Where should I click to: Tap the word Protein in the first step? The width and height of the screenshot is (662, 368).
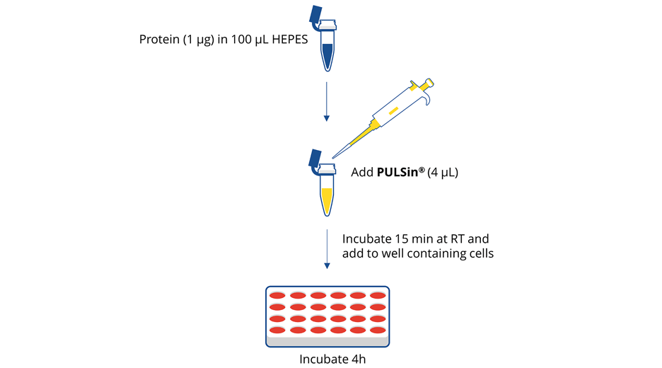coord(159,38)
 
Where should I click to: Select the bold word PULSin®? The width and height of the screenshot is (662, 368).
coord(400,171)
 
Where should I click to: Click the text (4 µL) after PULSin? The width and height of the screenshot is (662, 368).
coord(443,171)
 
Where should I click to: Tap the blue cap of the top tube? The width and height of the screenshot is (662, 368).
coord(315,16)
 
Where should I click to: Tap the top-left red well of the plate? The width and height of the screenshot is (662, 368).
coord(278,296)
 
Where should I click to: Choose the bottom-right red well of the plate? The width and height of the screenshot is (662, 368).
coord(378,330)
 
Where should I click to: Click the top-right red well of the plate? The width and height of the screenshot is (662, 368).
coord(378,296)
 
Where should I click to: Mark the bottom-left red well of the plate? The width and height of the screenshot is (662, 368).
coord(278,330)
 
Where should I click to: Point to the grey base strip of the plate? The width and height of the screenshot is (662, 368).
coord(327,343)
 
